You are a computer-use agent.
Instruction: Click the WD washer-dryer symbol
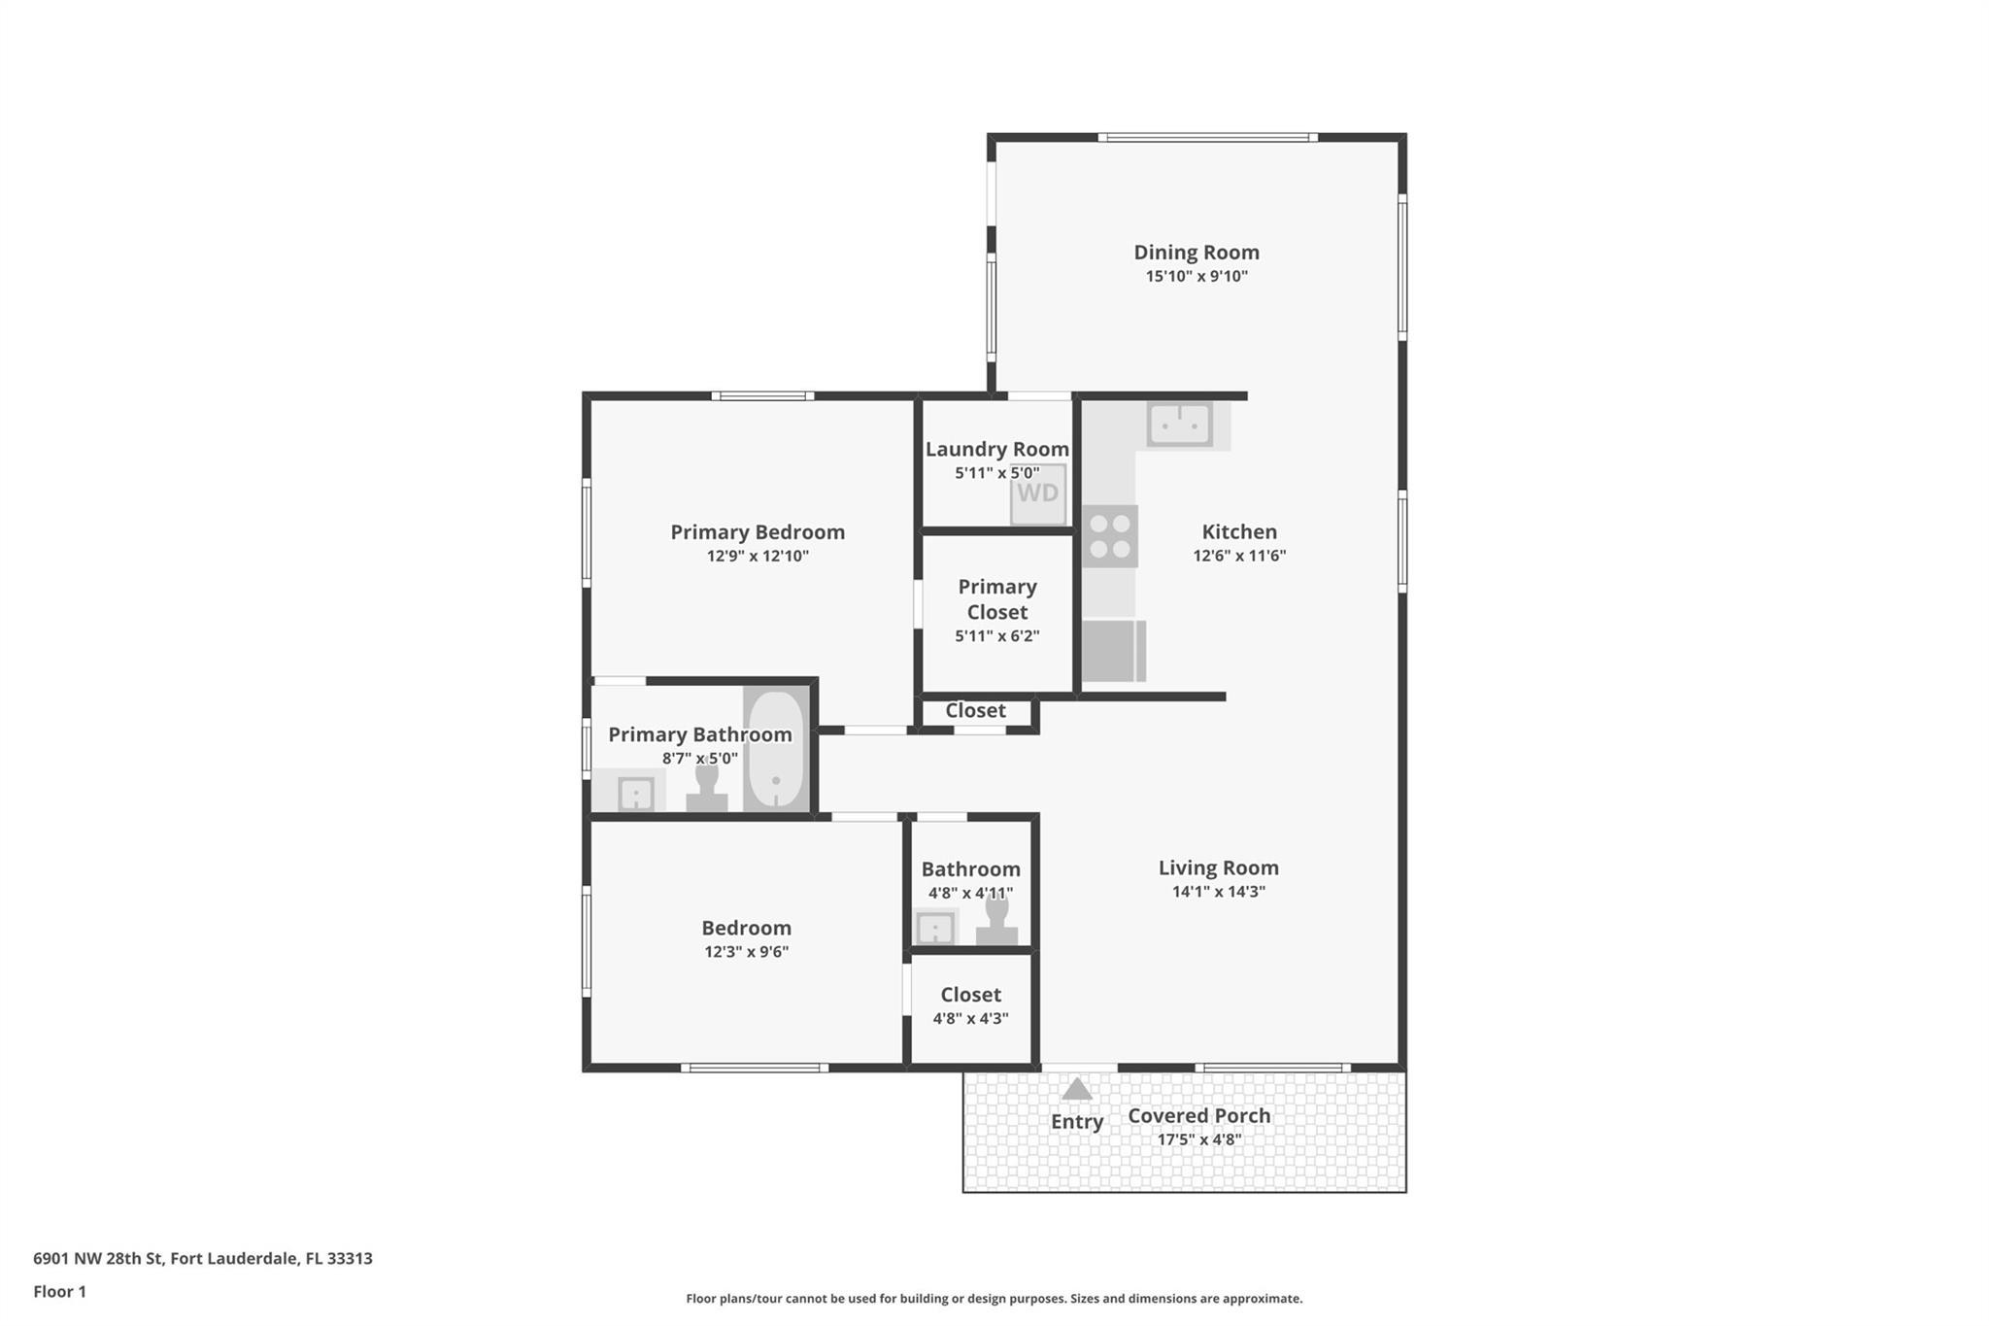pyautogui.click(x=1038, y=493)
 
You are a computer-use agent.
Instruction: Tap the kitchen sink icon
pyautogui.click(x=1179, y=425)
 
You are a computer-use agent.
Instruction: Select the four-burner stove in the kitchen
pyautogui.click(x=1110, y=536)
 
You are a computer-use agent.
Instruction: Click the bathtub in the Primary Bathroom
pyautogui.click(x=776, y=749)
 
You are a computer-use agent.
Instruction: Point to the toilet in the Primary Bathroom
pyautogui.click(x=707, y=788)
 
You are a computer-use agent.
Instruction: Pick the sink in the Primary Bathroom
pyautogui.click(x=636, y=794)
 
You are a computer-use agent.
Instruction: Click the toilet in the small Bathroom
pyautogui.click(x=996, y=920)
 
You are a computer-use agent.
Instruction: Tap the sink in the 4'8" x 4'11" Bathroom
pyautogui.click(x=935, y=928)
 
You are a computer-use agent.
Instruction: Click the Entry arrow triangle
pyautogui.click(x=1076, y=1089)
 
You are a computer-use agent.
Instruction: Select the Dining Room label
pyautogui.click(x=1196, y=253)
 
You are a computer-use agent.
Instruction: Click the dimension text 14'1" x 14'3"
pyautogui.click(x=1218, y=892)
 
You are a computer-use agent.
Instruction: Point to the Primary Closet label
pyautogui.click(x=997, y=599)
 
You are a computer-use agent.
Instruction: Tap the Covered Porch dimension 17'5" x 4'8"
pyautogui.click(x=1198, y=1139)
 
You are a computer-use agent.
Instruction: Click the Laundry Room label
pyautogui.click(x=996, y=450)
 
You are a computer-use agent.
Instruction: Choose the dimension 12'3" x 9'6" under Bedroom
pyautogui.click(x=746, y=952)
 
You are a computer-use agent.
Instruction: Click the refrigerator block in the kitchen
pyautogui.click(x=1113, y=651)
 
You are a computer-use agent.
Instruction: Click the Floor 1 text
pyautogui.click(x=59, y=1292)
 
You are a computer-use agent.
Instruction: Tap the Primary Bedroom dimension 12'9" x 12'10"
pyautogui.click(x=758, y=557)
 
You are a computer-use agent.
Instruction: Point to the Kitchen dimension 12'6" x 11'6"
pyautogui.click(x=1239, y=556)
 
